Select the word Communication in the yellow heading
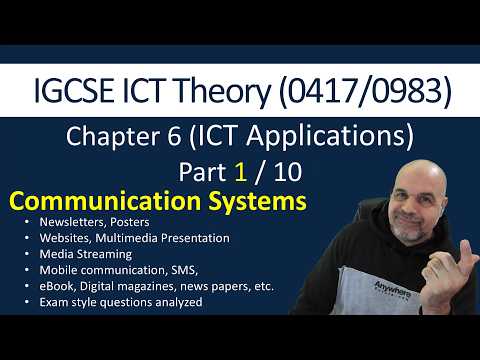click(100, 201)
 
